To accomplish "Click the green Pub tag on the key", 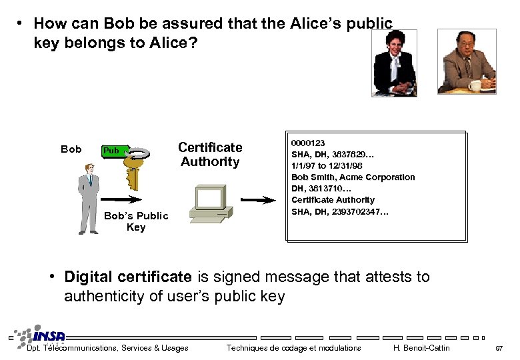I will pyautogui.click(x=111, y=151).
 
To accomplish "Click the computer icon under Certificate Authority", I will pyautogui.click(x=211, y=202).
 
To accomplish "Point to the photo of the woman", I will pyautogui.click(x=394, y=63).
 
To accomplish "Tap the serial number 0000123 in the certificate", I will pyautogui.click(x=308, y=143).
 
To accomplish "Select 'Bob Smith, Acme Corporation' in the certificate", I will pyautogui.click(x=353, y=177).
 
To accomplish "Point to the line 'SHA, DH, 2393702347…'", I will pyautogui.click(x=340, y=211).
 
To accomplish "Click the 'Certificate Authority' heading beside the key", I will pyautogui.click(x=210, y=154).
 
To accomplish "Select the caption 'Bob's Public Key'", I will pyautogui.click(x=136, y=221).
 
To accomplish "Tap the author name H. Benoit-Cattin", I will pyautogui.click(x=421, y=348).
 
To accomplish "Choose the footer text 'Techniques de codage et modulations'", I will pyautogui.click(x=293, y=348).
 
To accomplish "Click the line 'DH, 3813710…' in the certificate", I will pyautogui.click(x=321, y=189).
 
